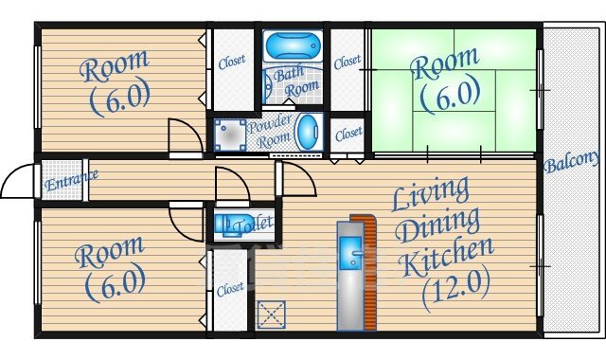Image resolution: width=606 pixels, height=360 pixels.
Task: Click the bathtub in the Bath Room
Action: click(293, 45)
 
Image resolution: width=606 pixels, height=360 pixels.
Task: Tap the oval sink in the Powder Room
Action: click(308, 133)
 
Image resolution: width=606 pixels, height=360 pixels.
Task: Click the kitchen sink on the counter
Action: click(351, 253)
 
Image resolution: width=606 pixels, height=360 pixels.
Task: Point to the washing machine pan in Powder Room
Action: click(230, 135)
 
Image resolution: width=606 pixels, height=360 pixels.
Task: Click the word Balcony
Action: click(571, 161)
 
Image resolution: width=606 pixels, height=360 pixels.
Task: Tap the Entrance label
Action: click(71, 180)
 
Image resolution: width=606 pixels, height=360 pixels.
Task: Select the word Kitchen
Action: click(446, 256)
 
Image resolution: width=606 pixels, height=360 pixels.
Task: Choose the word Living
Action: click(430, 193)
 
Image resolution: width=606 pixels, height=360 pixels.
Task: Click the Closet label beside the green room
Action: click(348, 62)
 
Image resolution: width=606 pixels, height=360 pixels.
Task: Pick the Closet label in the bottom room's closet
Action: click(230, 289)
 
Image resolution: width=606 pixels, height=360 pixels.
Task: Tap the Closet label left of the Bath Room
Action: click(231, 62)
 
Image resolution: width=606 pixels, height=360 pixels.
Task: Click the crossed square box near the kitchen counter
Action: click(272, 315)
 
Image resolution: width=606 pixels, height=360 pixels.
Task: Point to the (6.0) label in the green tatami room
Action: click(451, 96)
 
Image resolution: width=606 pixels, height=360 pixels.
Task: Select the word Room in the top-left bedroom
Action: click(114, 65)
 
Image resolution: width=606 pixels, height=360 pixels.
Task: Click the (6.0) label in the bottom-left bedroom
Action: click(116, 284)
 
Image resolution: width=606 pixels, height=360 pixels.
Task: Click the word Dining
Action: click(438, 225)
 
